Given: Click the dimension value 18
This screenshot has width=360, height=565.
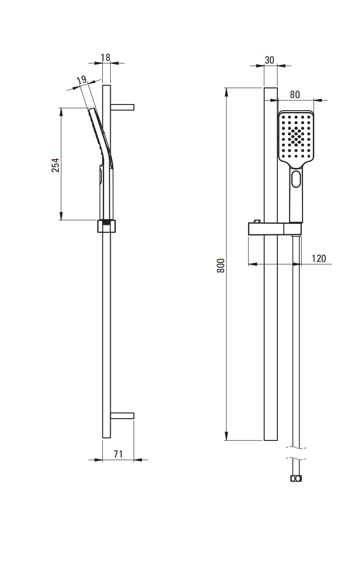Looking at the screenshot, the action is point(106,57).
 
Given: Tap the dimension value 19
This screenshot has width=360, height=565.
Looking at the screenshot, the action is point(82,80).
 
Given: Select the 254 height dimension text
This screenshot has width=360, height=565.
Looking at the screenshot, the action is point(55,165).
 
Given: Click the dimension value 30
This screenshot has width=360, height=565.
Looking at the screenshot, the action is point(269,60).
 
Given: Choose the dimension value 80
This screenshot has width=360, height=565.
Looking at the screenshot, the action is point(295,94).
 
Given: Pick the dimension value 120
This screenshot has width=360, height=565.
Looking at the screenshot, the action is point(319,258).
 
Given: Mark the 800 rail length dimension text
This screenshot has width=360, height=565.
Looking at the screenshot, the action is point(221,265).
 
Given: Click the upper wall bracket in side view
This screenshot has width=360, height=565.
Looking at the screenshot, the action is point(122,107).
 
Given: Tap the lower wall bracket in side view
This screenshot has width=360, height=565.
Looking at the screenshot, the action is point(122,416).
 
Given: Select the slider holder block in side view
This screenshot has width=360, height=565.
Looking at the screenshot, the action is point(106,226).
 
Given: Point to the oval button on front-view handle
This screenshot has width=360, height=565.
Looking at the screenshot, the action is point(296,179).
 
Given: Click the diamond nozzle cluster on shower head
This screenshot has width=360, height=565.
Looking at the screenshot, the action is point(296,136).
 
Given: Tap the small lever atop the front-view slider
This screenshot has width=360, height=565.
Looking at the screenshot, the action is point(257,221).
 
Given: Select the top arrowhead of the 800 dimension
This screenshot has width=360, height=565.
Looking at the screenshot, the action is point(226,92).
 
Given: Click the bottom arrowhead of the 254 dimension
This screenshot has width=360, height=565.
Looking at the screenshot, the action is point(61,216).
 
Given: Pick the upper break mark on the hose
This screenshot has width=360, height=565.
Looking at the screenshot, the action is point(296,448).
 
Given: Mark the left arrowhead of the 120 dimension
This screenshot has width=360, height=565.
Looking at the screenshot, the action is point(253,265).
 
